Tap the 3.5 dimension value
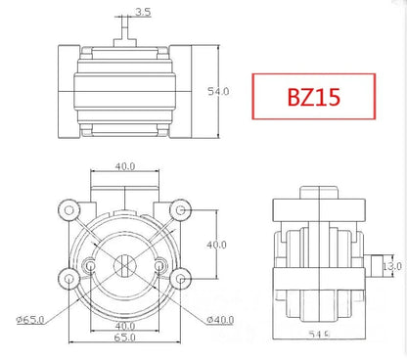(143, 13)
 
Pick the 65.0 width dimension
(123, 337)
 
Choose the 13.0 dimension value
(391, 265)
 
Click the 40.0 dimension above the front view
(124, 166)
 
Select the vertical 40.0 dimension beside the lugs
(216, 244)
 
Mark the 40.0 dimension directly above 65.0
(123, 325)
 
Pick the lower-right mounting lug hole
(180, 279)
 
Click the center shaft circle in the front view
(124, 265)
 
